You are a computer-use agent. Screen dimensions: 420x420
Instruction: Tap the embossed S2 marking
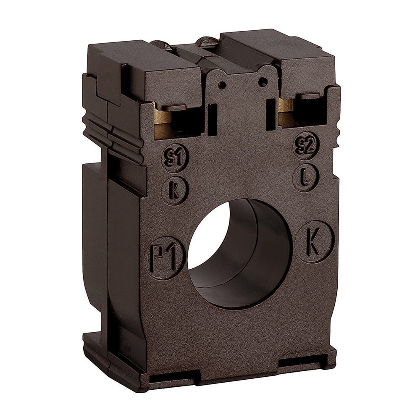[306, 145]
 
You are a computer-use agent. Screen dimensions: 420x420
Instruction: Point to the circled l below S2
[305, 177]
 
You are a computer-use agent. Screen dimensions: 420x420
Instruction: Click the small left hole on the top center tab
[222, 85]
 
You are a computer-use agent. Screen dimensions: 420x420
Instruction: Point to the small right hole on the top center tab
[262, 81]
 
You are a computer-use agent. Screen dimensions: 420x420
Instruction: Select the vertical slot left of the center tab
[213, 119]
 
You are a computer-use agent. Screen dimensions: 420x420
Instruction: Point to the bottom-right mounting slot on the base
[303, 361]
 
